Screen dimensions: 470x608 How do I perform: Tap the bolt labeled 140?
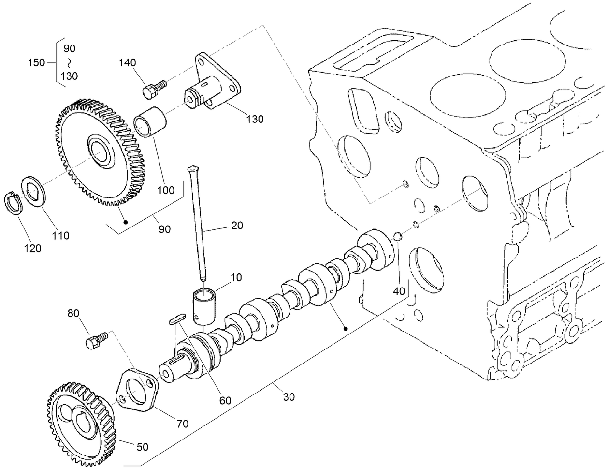pos(153,88)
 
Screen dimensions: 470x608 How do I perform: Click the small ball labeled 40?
pos(397,237)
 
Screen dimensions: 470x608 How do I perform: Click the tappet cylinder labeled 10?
pos(205,304)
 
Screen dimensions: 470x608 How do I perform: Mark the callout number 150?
pos(36,62)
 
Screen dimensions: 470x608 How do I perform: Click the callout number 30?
pos(289,397)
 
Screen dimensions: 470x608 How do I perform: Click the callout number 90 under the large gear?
pos(165,229)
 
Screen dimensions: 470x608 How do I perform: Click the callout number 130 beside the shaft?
pos(254,119)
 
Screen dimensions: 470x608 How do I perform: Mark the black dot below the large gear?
pos(126,222)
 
